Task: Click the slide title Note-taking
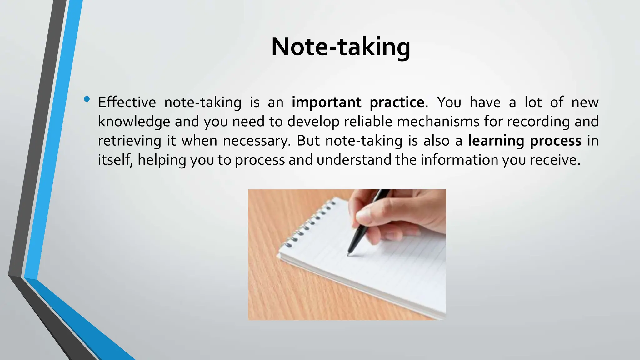341,47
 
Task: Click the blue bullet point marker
87,100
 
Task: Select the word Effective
127,102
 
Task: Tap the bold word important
326,102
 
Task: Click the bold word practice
397,102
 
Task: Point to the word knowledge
134,122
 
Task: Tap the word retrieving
129,141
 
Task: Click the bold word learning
496,141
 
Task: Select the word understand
354,160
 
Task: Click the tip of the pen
348,255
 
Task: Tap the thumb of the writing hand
372,216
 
